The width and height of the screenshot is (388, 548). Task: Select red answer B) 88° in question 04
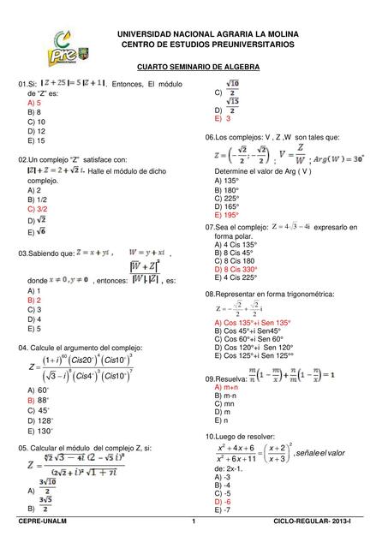tap(38, 399)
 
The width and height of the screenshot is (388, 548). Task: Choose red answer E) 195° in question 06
tap(231, 215)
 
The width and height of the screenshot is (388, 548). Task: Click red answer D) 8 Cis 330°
tap(236, 268)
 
